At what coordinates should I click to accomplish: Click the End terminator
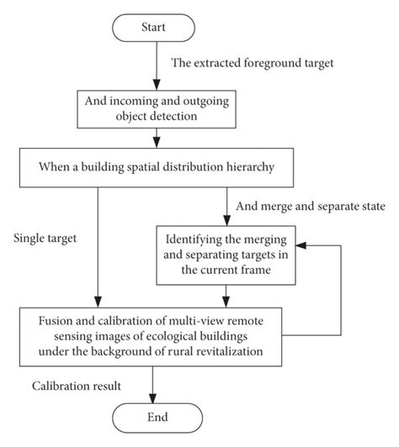pyautogui.click(x=154, y=417)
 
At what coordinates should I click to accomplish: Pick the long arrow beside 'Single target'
pyautogui.click(x=98, y=244)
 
